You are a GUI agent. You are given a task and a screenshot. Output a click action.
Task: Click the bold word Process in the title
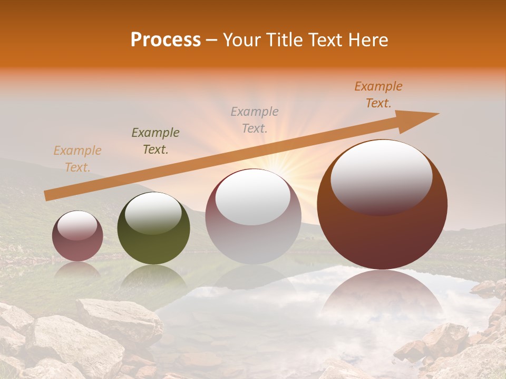pyautogui.click(x=166, y=40)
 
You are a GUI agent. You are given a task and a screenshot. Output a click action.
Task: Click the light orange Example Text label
pyautogui.click(x=77, y=159)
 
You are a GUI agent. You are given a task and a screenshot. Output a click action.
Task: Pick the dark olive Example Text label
pyautogui.click(x=155, y=141)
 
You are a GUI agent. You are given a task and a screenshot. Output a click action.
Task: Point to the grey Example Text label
pyautogui.click(x=255, y=119)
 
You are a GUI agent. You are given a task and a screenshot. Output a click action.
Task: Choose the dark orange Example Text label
pyautogui.click(x=378, y=95)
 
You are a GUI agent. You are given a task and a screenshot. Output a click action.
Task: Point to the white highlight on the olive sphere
pyautogui.click(x=153, y=213)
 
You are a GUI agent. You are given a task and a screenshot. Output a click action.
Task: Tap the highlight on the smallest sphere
pyautogui.click(x=77, y=225)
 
